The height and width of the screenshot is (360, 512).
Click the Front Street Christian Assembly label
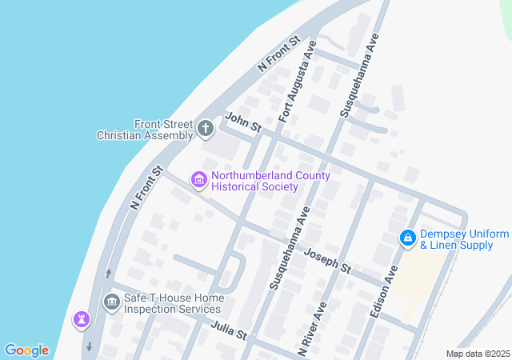(145, 130)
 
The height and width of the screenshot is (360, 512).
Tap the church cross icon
(206, 128)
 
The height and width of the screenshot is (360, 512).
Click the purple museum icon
(198, 180)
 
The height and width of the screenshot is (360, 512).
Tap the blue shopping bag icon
(407, 238)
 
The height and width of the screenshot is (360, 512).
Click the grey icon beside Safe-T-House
(111, 302)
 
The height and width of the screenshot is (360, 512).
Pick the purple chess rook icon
(81, 320)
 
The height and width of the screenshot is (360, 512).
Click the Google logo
(26, 350)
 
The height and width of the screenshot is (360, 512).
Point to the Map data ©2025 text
(478, 354)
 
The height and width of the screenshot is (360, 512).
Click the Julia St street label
(230, 330)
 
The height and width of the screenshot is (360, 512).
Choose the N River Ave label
(313, 328)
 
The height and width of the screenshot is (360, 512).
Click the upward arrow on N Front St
(109, 274)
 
